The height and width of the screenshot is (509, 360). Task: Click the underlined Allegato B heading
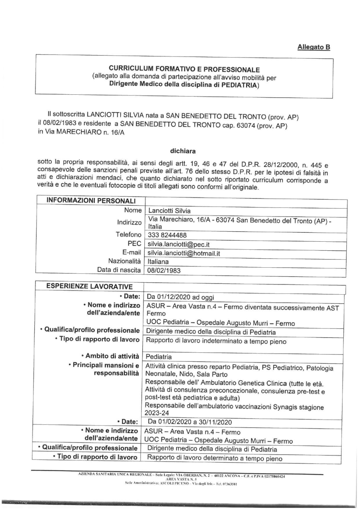pyautogui.click(x=314, y=47)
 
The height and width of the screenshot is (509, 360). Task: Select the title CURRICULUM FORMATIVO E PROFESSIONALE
pyautogui.click(x=185, y=69)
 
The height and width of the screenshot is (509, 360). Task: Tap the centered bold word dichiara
pyautogui.click(x=183, y=151)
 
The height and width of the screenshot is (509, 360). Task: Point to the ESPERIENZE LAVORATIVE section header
pyautogui.click(x=89, y=287)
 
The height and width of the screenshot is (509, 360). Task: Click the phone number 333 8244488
pyautogui.click(x=167, y=235)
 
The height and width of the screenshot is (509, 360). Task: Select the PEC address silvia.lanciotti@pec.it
pyautogui.click(x=179, y=244)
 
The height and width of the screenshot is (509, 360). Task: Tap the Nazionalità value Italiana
pyautogui.click(x=158, y=262)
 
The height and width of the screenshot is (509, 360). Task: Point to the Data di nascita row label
pyautogui.click(x=119, y=270)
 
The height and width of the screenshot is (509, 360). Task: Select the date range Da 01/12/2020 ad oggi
pyautogui.click(x=180, y=297)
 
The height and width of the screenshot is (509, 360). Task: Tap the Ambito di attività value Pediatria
pyautogui.click(x=158, y=357)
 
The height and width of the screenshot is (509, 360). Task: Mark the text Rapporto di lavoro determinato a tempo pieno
pyautogui.click(x=215, y=458)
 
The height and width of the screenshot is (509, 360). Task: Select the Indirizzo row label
pyautogui.click(x=129, y=223)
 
